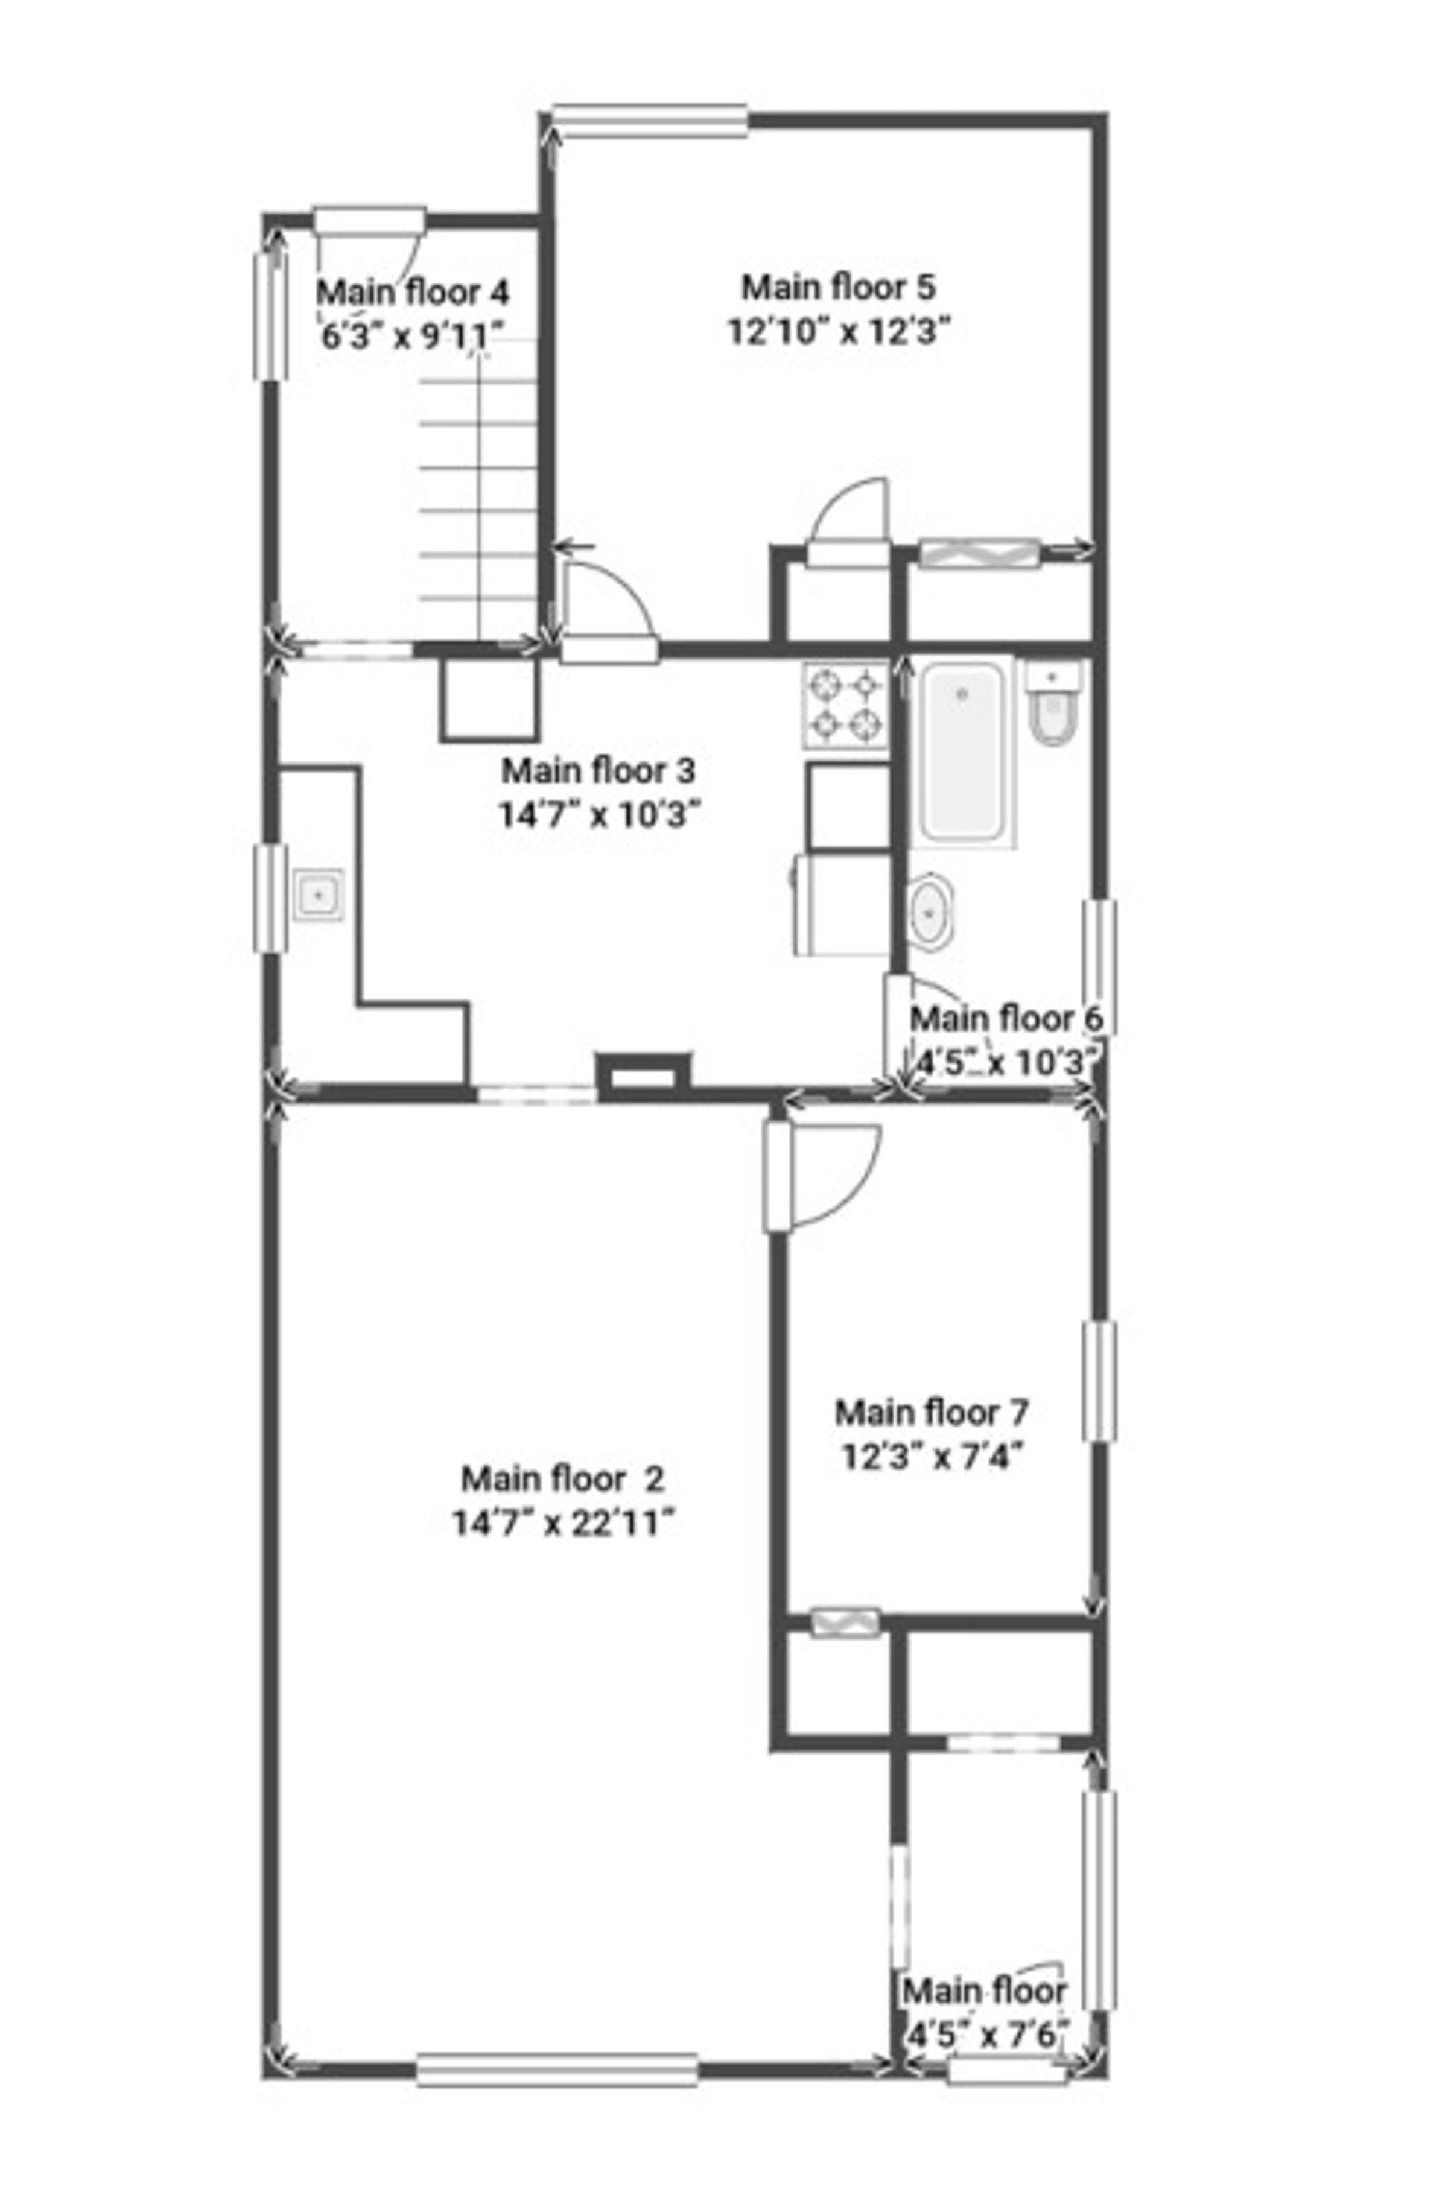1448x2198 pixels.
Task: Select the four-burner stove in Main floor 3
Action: pyautogui.click(x=844, y=706)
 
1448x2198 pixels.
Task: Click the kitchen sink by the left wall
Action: pyautogui.click(x=319, y=894)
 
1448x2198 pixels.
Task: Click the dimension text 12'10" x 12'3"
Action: pyautogui.click(x=839, y=331)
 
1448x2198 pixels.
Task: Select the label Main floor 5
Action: pyautogui.click(x=839, y=287)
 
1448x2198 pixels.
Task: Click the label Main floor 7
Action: pyautogui.click(x=932, y=1412)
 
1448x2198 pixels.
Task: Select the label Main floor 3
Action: pyautogui.click(x=599, y=769)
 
